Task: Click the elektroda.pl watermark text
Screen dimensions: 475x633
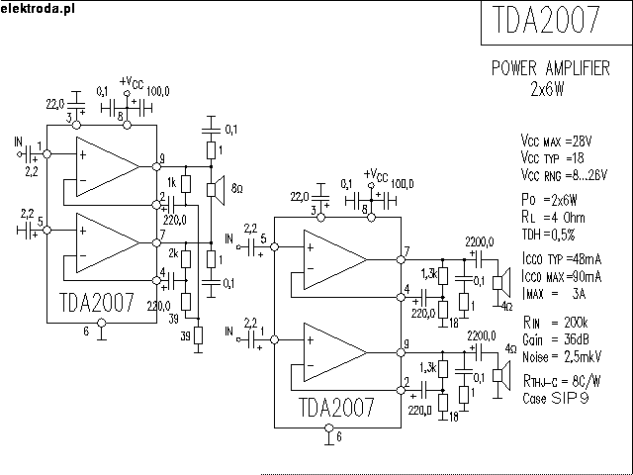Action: [37, 7]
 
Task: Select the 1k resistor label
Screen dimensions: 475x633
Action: [171, 183]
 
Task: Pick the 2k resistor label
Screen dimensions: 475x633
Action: [171, 254]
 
